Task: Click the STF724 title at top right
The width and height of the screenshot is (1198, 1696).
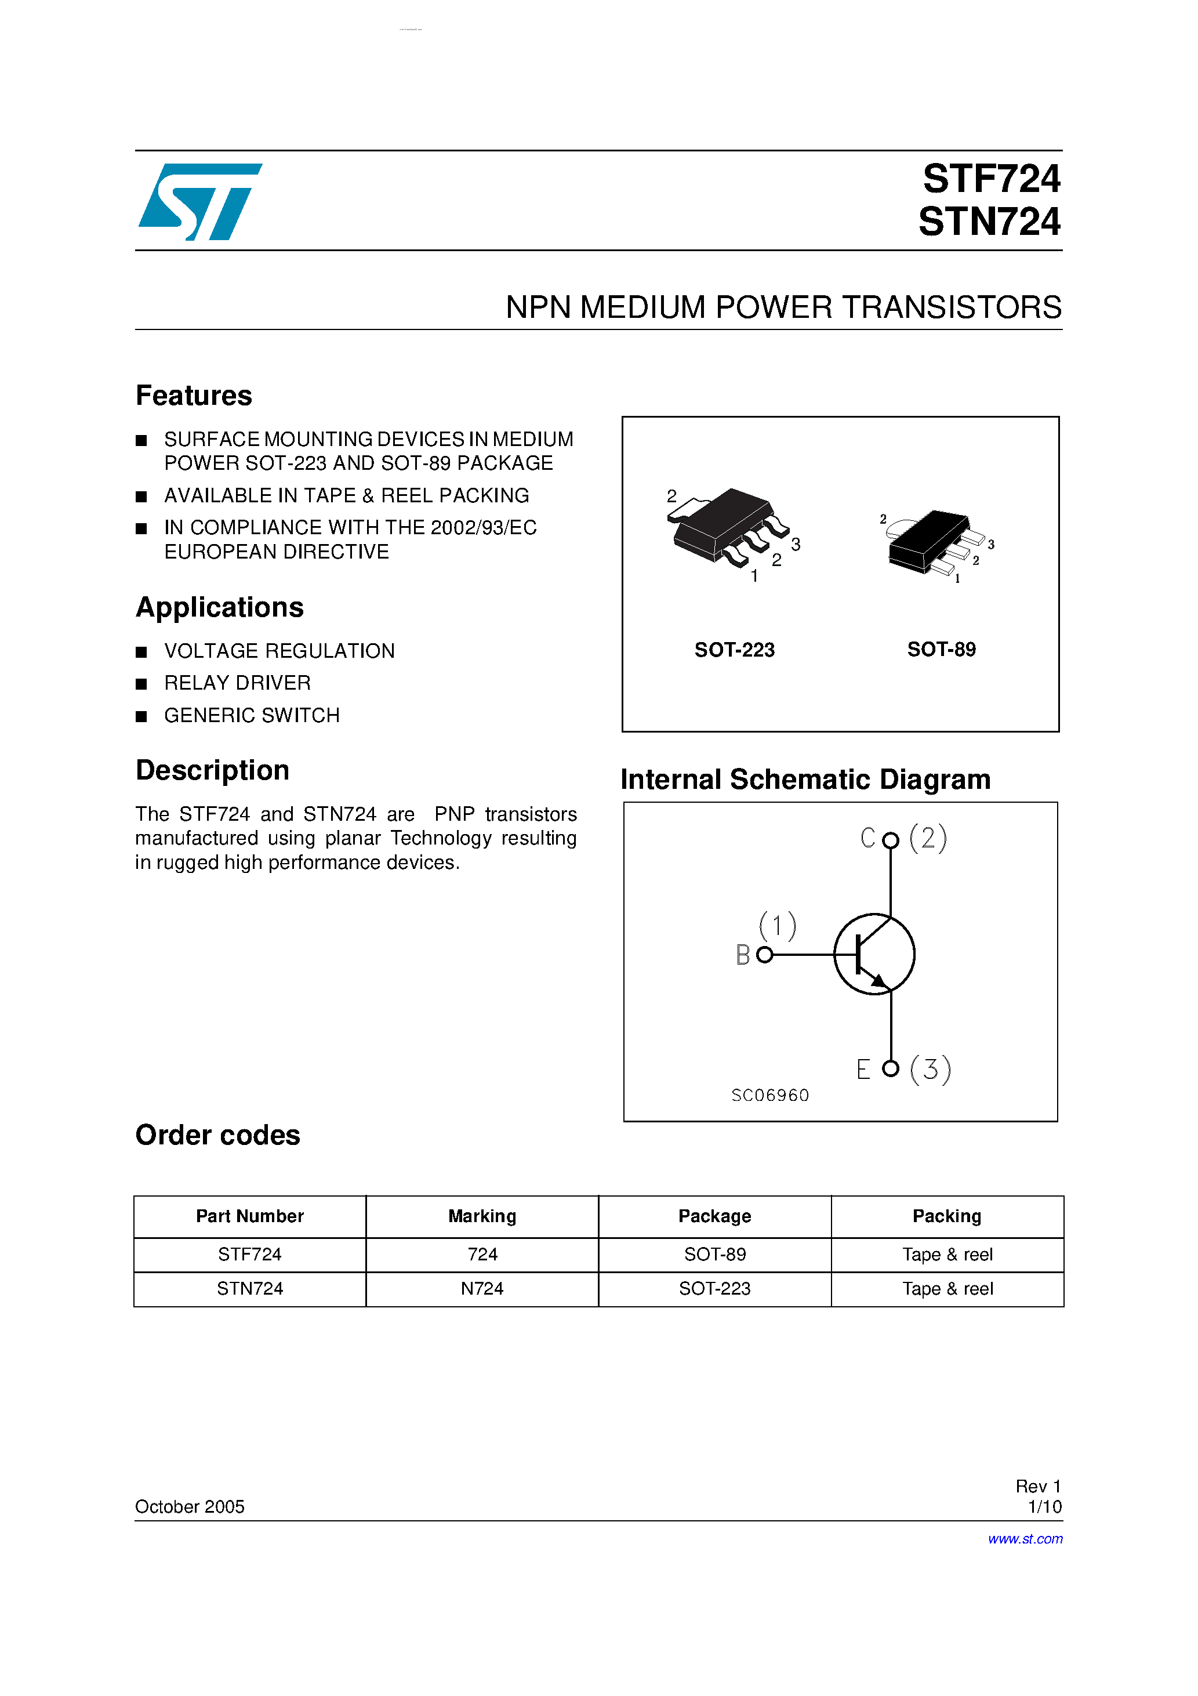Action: click(x=990, y=179)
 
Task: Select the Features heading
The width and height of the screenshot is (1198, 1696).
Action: click(x=194, y=396)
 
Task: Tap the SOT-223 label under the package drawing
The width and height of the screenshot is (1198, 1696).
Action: click(x=734, y=650)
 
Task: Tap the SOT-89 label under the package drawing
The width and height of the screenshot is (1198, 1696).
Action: click(x=941, y=649)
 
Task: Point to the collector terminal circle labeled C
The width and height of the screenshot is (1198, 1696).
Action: click(x=891, y=840)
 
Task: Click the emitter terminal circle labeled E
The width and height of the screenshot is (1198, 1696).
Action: click(x=891, y=1068)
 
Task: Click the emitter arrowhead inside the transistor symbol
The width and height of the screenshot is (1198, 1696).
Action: click(x=879, y=981)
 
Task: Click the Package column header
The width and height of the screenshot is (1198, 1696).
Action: click(x=714, y=1216)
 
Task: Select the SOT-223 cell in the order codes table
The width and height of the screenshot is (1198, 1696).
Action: click(x=714, y=1289)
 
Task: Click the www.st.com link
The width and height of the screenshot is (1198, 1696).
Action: click(x=1025, y=1539)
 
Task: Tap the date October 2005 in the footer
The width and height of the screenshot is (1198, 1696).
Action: click(x=190, y=1507)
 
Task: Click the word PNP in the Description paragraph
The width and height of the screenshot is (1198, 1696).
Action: click(x=454, y=814)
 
